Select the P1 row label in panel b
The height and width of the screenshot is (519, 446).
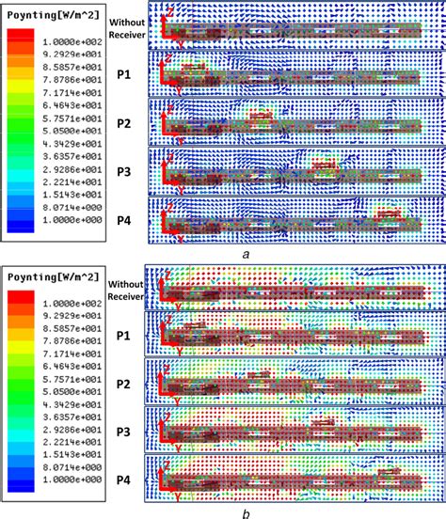click(123, 335)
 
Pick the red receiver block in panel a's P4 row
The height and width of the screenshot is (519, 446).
click(388, 215)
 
